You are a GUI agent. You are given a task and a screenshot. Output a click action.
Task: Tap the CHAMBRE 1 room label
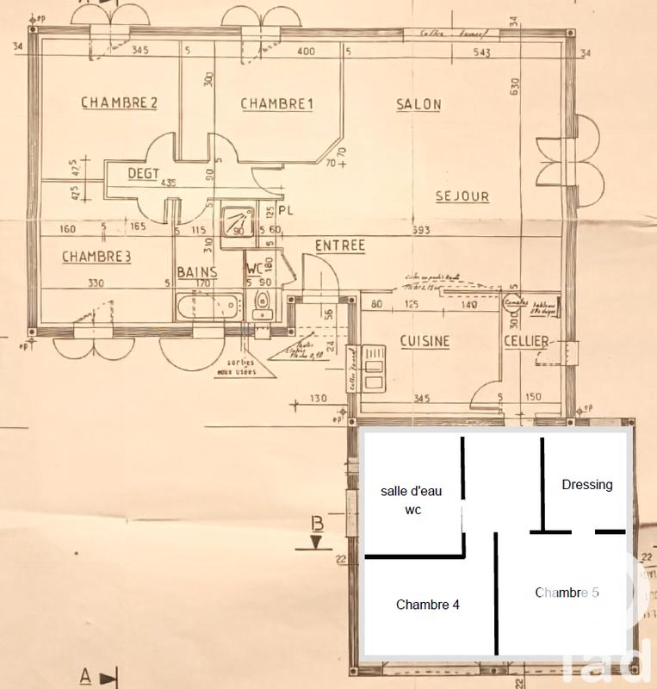(x=276, y=105)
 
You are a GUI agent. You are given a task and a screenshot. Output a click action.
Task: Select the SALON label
(x=418, y=105)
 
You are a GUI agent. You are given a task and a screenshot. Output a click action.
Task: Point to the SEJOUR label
(x=462, y=196)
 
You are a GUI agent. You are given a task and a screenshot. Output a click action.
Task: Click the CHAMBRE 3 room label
(x=96, y=257)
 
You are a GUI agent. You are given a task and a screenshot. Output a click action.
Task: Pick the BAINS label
(x=197, y=272)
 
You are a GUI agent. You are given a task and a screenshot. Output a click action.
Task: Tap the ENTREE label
(x=339, y=246)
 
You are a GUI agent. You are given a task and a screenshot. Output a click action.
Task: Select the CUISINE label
(x=425, y=342)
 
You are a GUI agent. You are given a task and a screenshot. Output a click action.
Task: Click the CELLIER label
(x=525, y=343)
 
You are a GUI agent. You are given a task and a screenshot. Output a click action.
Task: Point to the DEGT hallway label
(x=144, y=173)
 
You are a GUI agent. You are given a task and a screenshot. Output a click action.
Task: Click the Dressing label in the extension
(x=587, y=485)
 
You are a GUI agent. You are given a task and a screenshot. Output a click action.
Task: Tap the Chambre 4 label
(x=427, y=605)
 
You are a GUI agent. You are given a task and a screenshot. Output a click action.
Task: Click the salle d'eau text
(x=411, y=491)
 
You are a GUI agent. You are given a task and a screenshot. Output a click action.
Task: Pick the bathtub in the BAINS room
(x=208, y=307)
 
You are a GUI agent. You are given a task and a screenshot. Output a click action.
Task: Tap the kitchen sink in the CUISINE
(x=375, y=368)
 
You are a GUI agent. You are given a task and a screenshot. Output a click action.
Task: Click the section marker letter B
(x=317, y=523)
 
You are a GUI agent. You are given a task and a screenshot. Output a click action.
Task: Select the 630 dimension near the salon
(x=515, y=87)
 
